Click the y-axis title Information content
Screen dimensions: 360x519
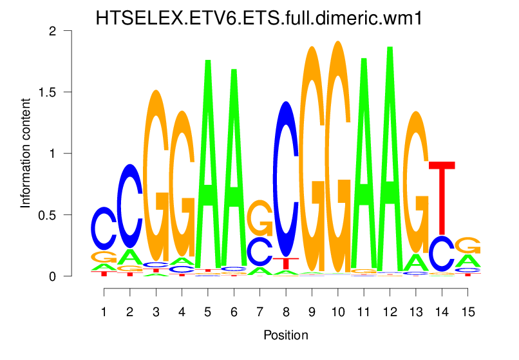tap(26, 153)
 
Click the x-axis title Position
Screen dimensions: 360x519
tap(286, 336)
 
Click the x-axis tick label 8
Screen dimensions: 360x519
tap(286, 311)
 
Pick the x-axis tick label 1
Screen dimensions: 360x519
tap(104, 311)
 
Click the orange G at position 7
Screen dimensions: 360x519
tap(260, 218)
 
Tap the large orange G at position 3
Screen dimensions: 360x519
tap(156, 174)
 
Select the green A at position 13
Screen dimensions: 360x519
tap(416, 262)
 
